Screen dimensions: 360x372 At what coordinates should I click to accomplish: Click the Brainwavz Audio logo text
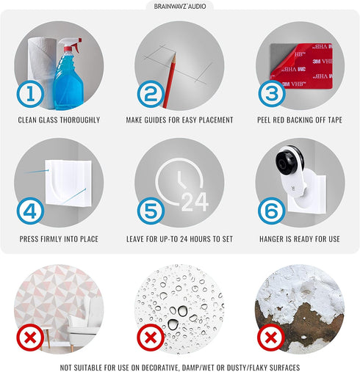pos(180,6)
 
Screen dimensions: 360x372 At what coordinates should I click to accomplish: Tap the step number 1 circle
pos(30,94)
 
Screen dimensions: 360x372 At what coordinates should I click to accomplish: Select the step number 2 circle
pos(151,94)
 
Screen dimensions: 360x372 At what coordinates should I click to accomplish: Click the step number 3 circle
pos(272,94)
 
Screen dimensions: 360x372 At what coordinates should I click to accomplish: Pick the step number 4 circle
pos(30,211)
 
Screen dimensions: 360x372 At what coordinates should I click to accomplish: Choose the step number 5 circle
pos(151,211)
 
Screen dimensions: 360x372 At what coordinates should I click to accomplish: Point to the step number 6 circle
pos(272,211)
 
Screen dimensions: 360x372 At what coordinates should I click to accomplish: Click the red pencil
pos(170,81)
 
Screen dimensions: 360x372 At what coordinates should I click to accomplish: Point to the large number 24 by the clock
pos(195,202)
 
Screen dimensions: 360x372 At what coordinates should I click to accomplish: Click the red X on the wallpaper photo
pos(30,338)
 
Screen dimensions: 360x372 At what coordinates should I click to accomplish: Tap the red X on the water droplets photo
pos(151,338)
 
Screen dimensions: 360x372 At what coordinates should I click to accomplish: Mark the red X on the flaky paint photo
pos(271,338)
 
